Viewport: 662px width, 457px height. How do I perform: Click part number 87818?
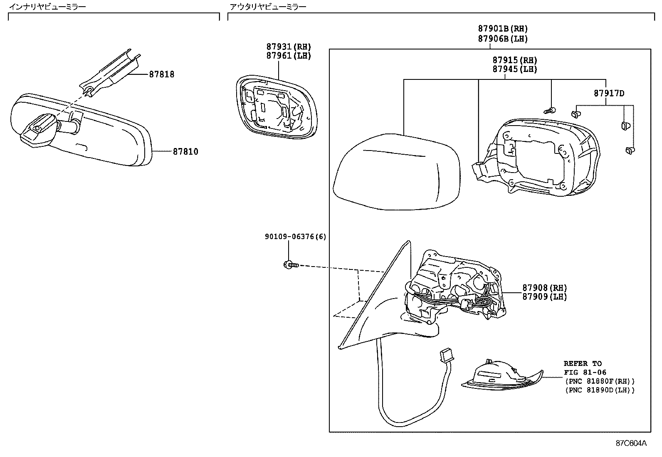pyautogui.click(x=162, y=75)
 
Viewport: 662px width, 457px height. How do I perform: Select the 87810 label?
pyautogui.click(x=185, y=152)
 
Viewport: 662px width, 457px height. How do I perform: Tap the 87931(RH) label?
pyautogui.click(x=289, y=47)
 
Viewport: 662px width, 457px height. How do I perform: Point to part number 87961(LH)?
pyautogui.click(x=289, y=56)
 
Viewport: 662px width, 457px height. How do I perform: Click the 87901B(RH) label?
pyautogui.click(x=503, y=29)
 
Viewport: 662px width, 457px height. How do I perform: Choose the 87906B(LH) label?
pyautogui.click(x=503, y=39)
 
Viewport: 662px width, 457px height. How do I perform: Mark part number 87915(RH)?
pyautogui.click(x=515, y=60)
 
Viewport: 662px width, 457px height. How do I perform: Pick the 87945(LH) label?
pyautogui.click(x=515, y=69)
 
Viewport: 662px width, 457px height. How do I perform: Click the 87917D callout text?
pyautogui.click(x=609, y=94)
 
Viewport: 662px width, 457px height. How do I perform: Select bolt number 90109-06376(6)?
pyautogui.click(x=296, y=237)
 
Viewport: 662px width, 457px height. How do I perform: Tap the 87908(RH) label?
pyautogui.click(x=545, y=288)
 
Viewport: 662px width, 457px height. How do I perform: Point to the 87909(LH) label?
pyautogui.click(x=545, y=297)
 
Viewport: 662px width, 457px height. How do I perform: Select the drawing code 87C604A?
pyautogui.click(x=631, y=443)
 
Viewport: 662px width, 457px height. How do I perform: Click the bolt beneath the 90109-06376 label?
pyautogui.click(x=290, y=264)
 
